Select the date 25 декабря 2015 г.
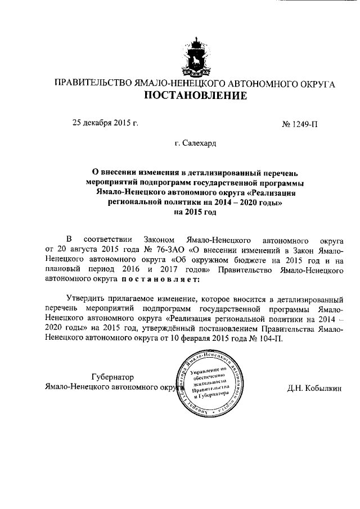tap(105, 122)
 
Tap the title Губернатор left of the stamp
tap(112, 376)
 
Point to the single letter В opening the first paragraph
tap(70, 238)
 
